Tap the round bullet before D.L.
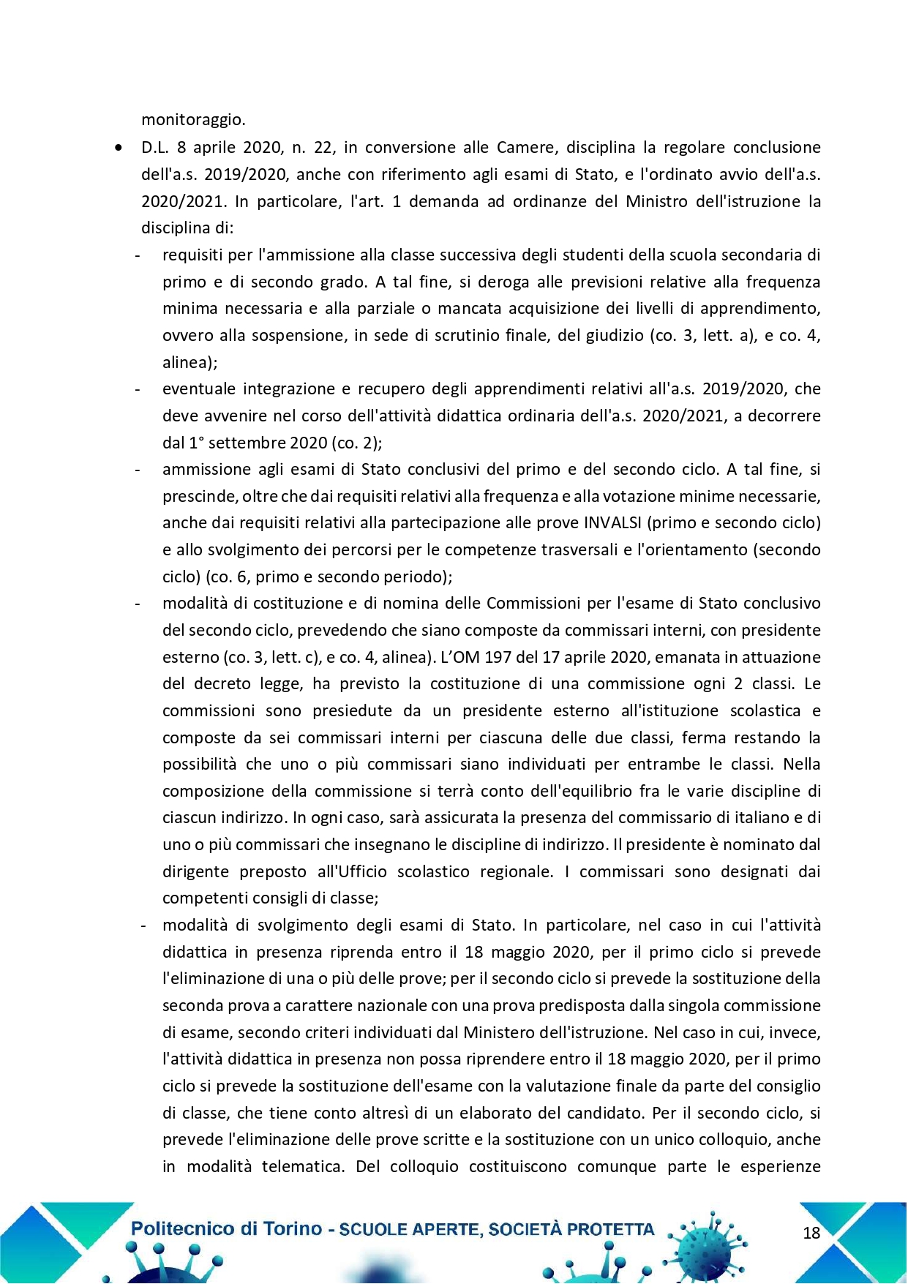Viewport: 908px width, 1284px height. (119, 148)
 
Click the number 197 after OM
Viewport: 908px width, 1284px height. (498, 657)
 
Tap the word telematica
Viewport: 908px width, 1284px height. (302, 1167)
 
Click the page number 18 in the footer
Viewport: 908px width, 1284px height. (811, 1233)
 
